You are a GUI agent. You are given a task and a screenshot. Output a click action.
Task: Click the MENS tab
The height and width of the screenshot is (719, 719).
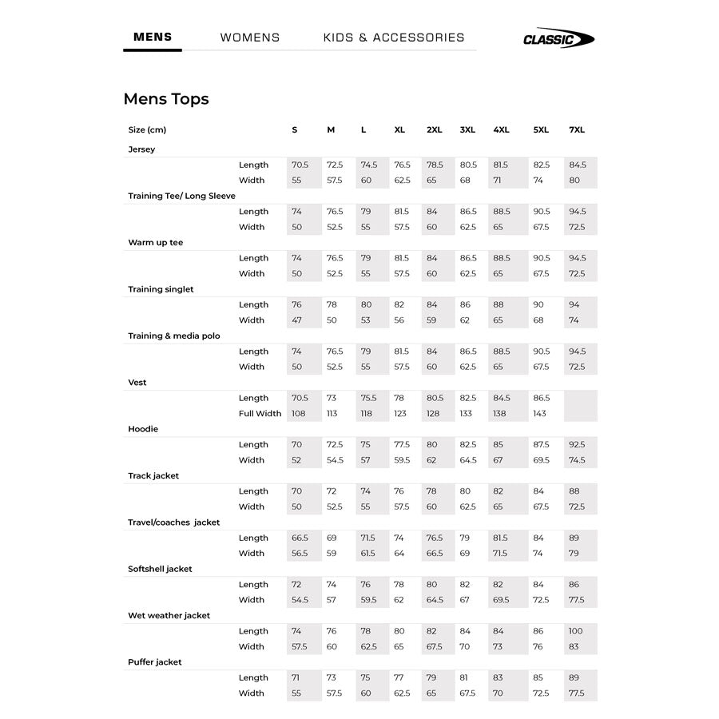pos(153,37)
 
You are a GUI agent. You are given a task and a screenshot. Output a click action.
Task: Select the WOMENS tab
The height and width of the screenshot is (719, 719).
pos(250,38)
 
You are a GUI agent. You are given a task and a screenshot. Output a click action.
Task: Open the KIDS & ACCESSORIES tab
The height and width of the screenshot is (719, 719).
pos(394,38)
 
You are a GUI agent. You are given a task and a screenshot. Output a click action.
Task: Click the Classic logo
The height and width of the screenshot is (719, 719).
pos(558,38)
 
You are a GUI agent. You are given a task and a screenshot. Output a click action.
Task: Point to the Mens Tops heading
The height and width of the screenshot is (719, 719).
pos(166,99)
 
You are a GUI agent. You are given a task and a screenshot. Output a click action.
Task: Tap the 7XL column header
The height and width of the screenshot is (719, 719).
pos(577,130)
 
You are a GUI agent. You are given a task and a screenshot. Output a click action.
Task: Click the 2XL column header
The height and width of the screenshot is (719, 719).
pos(435,130)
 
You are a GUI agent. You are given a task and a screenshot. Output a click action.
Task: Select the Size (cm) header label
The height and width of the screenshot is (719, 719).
pos(147,130)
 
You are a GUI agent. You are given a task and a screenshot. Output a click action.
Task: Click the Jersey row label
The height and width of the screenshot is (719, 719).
pos(141,149)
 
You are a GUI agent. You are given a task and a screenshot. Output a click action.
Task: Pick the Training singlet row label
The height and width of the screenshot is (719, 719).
pos(161,289)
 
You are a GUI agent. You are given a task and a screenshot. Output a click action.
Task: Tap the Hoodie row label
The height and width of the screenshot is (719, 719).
pos(143,429)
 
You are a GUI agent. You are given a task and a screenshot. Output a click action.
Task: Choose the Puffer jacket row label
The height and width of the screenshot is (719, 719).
pos(155,662)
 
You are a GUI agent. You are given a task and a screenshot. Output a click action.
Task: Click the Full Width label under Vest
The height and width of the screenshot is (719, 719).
pos(260,414)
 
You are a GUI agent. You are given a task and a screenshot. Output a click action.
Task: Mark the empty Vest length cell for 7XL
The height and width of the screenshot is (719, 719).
pos(580,398)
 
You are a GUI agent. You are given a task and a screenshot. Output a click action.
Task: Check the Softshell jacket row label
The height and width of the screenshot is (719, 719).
pos(160,569)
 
